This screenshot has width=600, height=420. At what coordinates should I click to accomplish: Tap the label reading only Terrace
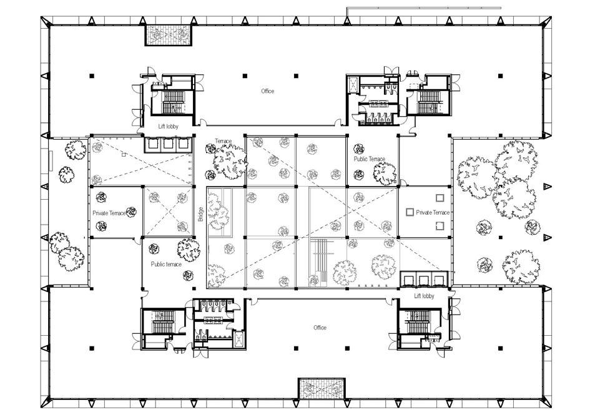point(224,142)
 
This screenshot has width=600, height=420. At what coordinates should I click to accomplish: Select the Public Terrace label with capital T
point(369,159)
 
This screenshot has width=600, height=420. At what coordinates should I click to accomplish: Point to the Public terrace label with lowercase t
point(166,264)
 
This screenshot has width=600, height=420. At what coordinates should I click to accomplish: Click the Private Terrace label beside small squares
point(433,213)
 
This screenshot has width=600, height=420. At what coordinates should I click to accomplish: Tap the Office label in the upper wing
point(267,91)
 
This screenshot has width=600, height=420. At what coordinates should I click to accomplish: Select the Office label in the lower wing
point(320,328)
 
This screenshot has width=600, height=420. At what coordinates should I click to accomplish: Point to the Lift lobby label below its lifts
point(424,296)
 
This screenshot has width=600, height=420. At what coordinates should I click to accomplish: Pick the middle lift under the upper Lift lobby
point(167,144)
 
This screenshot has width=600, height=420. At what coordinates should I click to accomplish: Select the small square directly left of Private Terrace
point(410,213)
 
